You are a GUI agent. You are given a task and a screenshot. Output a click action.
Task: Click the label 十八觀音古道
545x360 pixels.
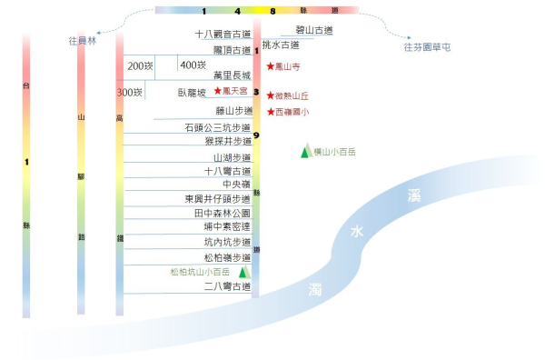(223, 34)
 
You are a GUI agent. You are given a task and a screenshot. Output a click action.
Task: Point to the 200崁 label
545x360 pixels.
(140, 65)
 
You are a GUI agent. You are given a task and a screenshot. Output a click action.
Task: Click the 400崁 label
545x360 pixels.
(193, 65)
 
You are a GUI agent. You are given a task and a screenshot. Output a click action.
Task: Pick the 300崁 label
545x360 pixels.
(130, 93)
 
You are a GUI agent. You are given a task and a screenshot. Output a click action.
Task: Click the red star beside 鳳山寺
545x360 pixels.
(270, 67)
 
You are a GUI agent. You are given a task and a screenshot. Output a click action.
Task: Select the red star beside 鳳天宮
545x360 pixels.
(217, 92)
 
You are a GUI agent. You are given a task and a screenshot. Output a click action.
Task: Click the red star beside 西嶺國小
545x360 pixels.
(270, 112)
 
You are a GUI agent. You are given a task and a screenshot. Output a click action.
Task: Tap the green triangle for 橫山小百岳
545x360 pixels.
(305, 152)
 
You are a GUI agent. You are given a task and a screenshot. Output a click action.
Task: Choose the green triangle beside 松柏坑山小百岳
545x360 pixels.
(243, 271)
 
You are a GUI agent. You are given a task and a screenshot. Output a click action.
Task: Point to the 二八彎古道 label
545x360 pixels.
(227, 286)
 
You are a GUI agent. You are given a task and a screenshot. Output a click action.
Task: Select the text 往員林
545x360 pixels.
(82, 41)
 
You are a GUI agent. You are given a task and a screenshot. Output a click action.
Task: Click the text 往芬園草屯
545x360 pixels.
(427, 46)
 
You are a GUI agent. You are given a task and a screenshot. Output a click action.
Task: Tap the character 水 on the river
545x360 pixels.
(357, 233)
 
